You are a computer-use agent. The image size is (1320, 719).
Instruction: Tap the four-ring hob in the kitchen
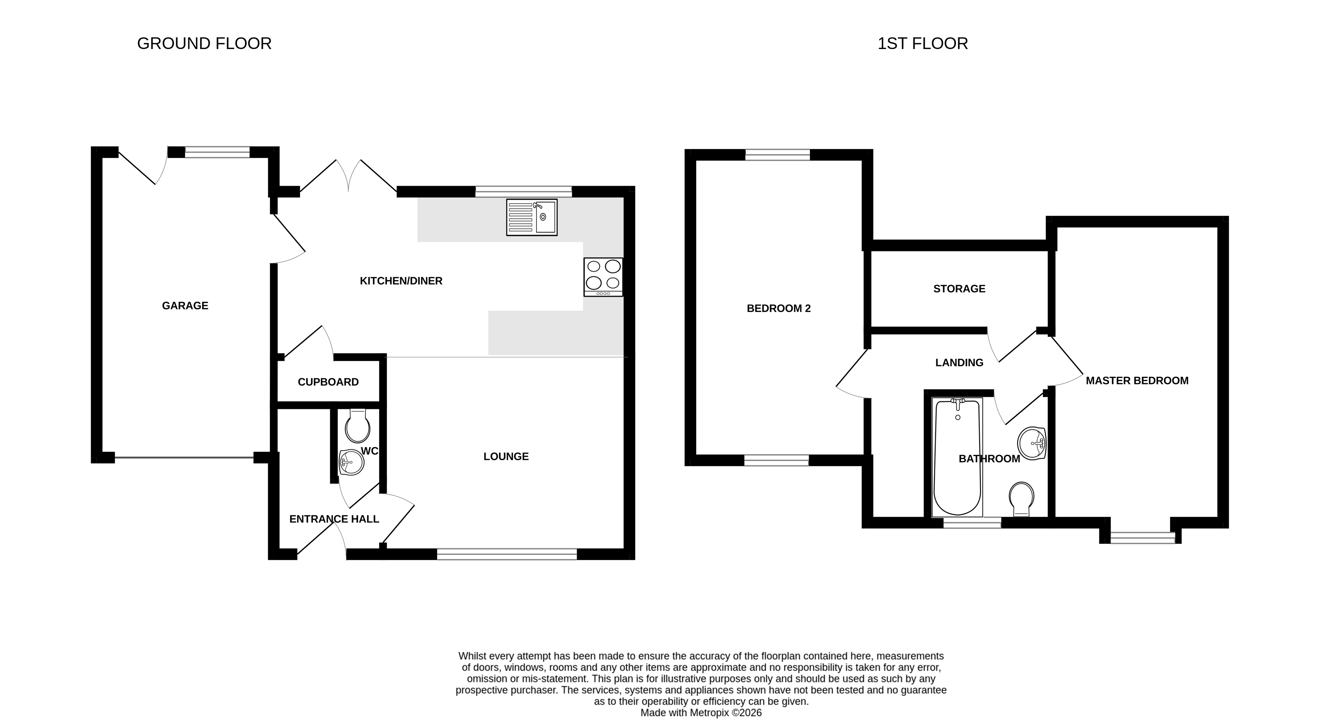(603, 277)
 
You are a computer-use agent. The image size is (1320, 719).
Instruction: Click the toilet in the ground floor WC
(357, 426)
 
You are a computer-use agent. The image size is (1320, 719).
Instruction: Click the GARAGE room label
(185, 306)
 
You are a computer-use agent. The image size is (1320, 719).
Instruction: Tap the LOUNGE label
(506, 456)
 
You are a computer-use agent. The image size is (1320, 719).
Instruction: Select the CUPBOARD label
(328, 382)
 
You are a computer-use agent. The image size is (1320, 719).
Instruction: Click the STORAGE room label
(959, 289)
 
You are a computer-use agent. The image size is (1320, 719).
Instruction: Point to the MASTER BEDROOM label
(1137, 381)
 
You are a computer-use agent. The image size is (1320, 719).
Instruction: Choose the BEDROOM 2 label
(778, 308)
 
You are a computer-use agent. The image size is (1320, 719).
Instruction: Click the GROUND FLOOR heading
(204, 44)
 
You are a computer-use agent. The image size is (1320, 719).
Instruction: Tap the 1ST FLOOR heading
(922, 44)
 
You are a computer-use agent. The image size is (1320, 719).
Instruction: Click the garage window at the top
(217, 152)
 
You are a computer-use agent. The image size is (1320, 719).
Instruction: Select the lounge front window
(507, 554)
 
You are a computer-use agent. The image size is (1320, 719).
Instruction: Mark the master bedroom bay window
(1143, 537)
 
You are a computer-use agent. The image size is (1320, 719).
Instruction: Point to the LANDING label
(959, 363)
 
